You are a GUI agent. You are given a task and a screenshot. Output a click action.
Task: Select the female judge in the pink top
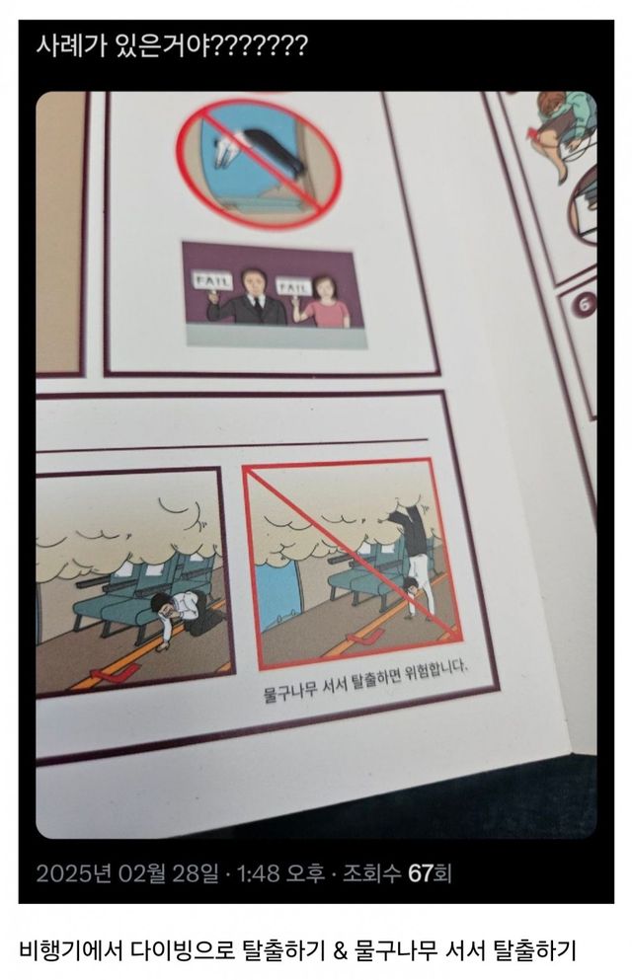tap(325, 303)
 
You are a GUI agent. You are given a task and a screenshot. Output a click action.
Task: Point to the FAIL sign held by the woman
tap(294, 286)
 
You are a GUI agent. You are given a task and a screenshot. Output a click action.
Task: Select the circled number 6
tap(586, 305)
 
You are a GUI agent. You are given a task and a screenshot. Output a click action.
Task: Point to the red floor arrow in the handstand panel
tap(363, 638)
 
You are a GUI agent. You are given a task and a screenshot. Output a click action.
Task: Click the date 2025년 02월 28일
tap(127, 872)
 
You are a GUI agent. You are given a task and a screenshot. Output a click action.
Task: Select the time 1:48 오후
tap(280, 872)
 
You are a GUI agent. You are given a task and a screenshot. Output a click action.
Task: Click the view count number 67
tap(421, 872)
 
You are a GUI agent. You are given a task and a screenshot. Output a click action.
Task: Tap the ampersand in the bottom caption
tap(340, 950)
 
